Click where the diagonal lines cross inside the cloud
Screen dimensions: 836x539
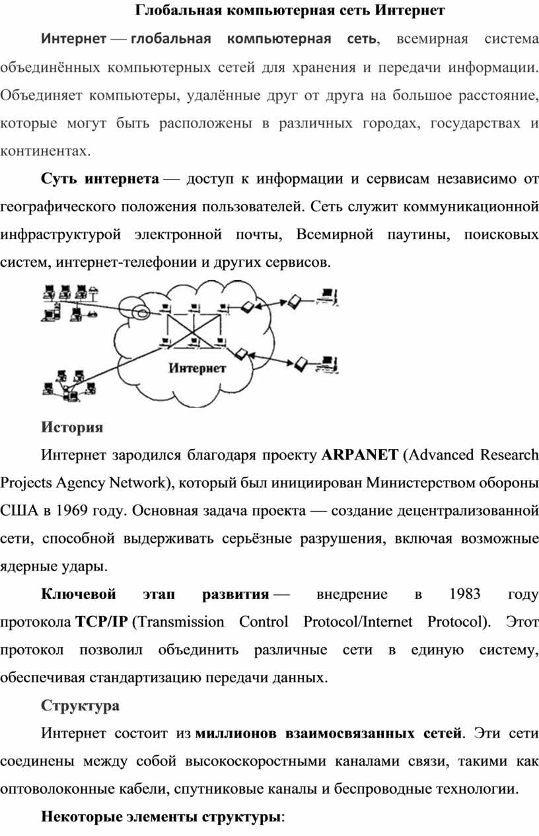[x=192, y=326]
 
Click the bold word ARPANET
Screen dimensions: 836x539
[x=359, y=455]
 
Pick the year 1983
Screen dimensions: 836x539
[x=464, y=594]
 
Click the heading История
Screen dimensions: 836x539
[x=72, y=427]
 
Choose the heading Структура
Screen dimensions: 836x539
[x=80, y=705]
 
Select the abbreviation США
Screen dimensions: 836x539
[x=20, y=510]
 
